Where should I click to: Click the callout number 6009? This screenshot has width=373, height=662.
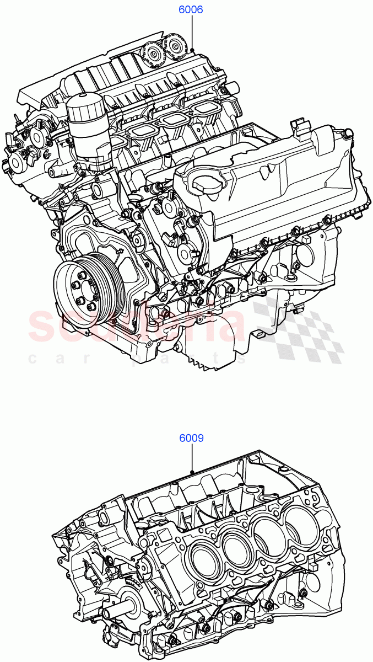191,439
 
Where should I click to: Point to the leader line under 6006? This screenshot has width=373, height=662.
192,33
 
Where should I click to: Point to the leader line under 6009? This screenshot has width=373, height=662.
192,458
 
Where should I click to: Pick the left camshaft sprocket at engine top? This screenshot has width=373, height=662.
150,54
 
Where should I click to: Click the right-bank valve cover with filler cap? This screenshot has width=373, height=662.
264,177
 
